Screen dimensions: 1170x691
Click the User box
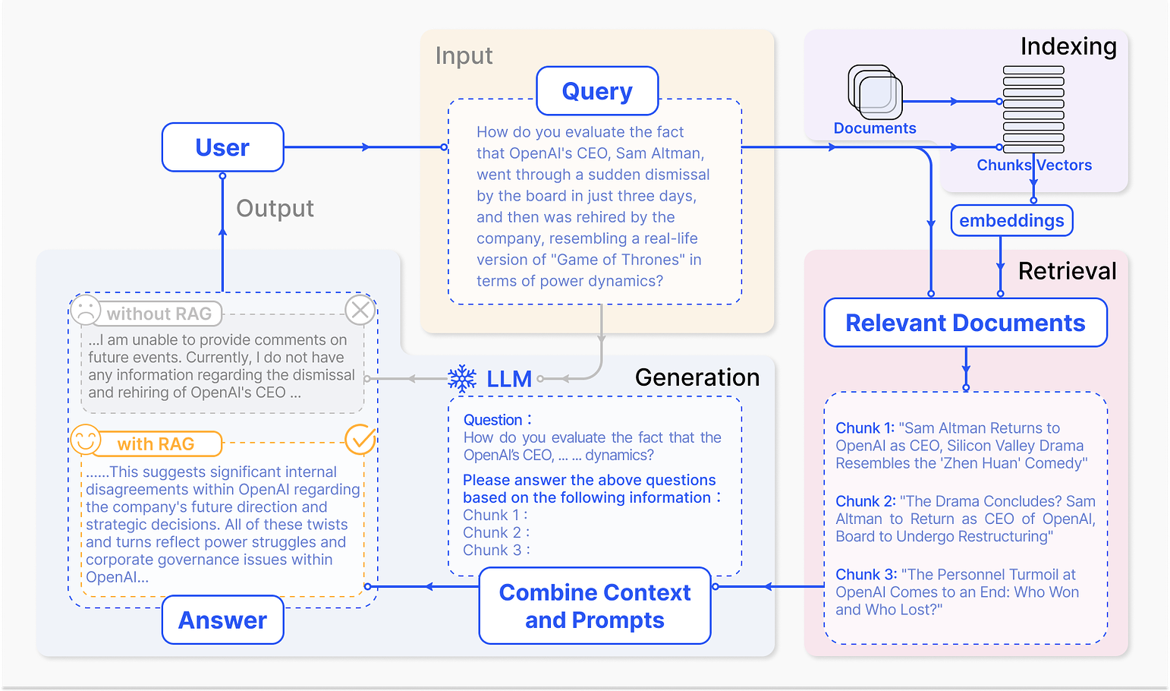coord(222,147)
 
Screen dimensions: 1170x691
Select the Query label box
coord(597,91)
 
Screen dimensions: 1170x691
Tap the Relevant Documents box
coord(965,323)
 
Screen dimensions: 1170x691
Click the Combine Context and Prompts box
coord(595,606)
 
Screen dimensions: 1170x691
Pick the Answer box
coord(222,620)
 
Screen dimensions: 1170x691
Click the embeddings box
coord(1011,220)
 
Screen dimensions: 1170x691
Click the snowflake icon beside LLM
coord(462,378)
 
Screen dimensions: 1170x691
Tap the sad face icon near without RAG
coord(86,310)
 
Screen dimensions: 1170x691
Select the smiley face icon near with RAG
coord(86,439)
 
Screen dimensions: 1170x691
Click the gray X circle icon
coord(360,310)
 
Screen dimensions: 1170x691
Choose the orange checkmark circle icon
coord(360,439)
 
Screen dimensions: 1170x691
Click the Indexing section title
coord(1068,46)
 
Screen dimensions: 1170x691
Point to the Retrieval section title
coord(1067,271)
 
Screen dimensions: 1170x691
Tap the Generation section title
coord(697,377)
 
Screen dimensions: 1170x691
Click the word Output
coord(275,208)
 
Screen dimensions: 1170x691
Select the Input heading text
coord(464,55)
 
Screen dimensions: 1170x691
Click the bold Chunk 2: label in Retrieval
coord(866,500)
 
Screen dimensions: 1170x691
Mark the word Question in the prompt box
coord(492,420)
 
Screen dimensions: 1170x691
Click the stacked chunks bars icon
coord(1033,109)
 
